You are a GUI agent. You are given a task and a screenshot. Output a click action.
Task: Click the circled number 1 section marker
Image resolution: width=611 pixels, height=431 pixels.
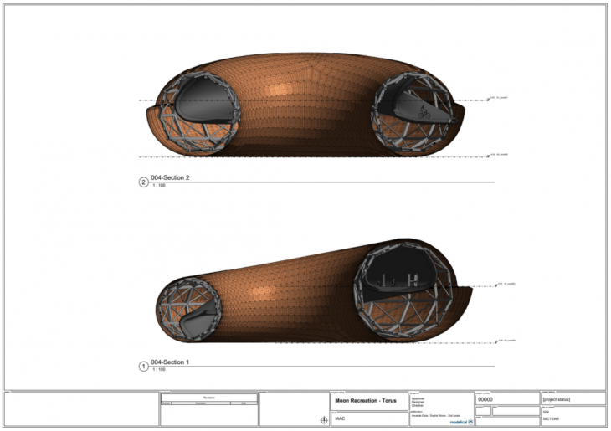(142, 366)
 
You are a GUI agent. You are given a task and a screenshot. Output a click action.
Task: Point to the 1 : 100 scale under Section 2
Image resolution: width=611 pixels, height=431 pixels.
(158, 185)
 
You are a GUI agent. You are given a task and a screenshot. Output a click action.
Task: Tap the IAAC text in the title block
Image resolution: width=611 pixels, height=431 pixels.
(341, 416)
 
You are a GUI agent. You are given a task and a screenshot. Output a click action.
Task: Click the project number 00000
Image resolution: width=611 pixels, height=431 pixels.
(485, 399)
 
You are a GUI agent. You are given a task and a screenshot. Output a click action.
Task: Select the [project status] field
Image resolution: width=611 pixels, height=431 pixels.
(550, 399)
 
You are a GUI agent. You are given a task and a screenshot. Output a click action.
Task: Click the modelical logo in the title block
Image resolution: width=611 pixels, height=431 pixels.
(457, 422)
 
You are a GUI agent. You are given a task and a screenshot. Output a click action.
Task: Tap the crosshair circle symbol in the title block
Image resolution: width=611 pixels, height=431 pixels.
(324, 420)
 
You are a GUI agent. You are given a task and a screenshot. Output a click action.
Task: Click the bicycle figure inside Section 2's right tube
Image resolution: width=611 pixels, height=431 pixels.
(424, 109)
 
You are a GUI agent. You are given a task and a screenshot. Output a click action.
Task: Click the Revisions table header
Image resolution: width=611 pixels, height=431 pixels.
(208, 398)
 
